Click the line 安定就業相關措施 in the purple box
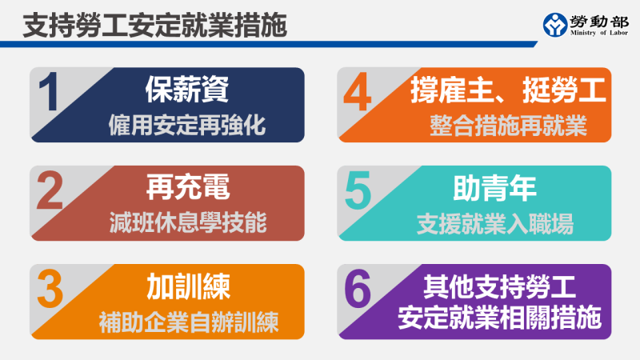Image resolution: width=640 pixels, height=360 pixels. (x=499, y=321)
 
